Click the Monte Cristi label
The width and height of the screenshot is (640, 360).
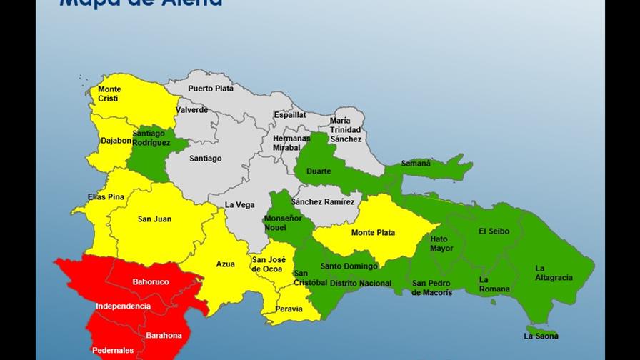click(x=109, y=94)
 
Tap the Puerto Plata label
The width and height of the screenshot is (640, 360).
click(x=211, y=89)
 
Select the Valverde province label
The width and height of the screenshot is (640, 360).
click(x=191, y=110)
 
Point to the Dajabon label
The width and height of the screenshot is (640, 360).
click(x=116, y=141)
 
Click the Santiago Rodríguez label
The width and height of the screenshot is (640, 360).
click(x=149, y=138)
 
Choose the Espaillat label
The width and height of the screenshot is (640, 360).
click(x=289, y=114)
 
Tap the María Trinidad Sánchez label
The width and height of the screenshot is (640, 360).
click(x=345, y=130)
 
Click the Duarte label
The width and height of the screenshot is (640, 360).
click(x=319, y=171)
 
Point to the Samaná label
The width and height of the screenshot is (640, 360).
click(x=416, y=164)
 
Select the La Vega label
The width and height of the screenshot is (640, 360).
click(x=239, y=205)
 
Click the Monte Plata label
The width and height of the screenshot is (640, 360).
click(x=373, y=233)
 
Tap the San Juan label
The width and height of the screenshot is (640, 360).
click(x=154, y=219)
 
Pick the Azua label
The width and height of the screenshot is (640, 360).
click(x=225, y=264)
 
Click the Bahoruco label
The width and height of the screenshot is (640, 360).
click(x=151, y=282)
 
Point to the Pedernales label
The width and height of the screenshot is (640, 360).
click(x=112, y=351)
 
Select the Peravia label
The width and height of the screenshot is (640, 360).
click(x=289, y=309)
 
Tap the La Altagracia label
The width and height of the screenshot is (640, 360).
click(x=554, y=273)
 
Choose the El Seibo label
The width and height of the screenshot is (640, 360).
click(x=492, y=231)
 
